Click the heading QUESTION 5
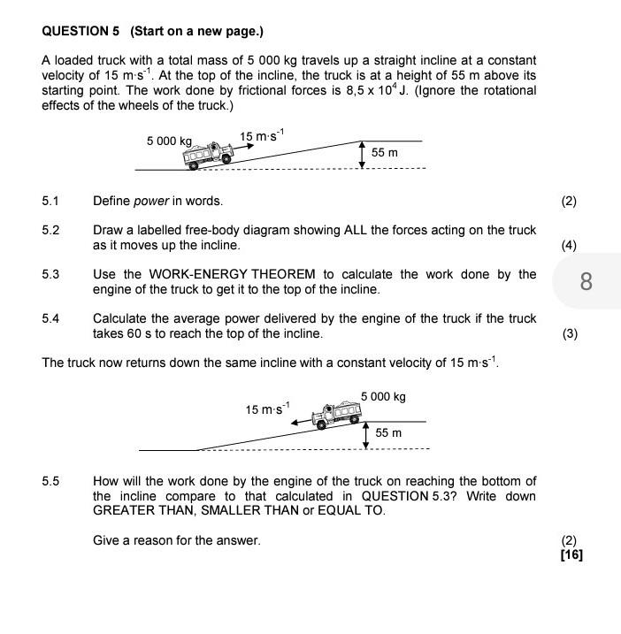80,31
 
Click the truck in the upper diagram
207,155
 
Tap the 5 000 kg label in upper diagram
169,141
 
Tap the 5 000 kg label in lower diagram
383,397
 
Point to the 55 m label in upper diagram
384,153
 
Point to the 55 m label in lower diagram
388,433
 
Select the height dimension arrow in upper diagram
361,154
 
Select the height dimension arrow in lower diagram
365,434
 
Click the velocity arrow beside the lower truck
303,419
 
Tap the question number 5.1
50,201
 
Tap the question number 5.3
50,274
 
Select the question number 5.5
50,481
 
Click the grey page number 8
586,282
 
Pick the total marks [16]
571,554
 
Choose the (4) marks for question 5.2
568,245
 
